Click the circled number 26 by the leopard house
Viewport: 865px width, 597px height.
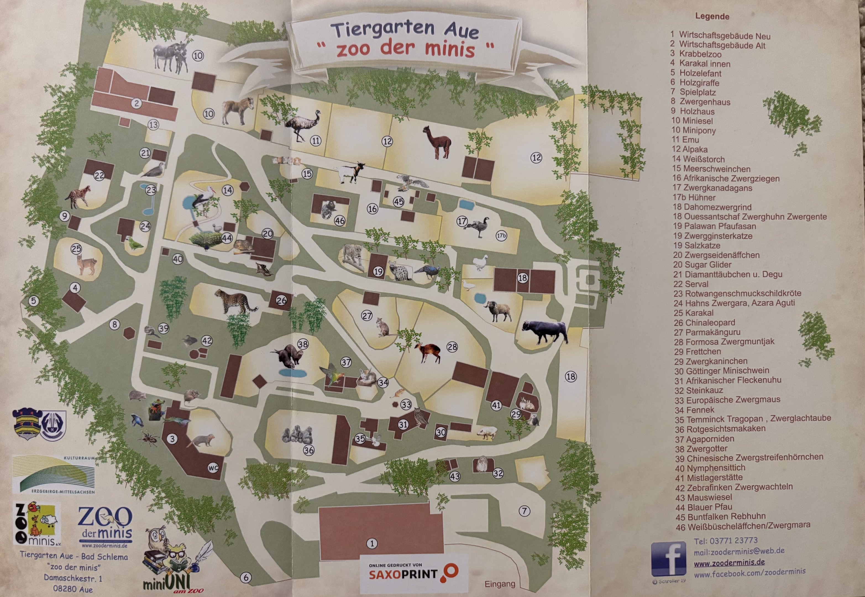(281, 300)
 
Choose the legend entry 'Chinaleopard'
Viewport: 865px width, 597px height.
(704, 323)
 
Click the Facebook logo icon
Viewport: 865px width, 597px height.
(668, 559)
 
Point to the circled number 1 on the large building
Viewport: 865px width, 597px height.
(372, 543)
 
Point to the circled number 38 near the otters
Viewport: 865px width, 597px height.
(303, 344)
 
